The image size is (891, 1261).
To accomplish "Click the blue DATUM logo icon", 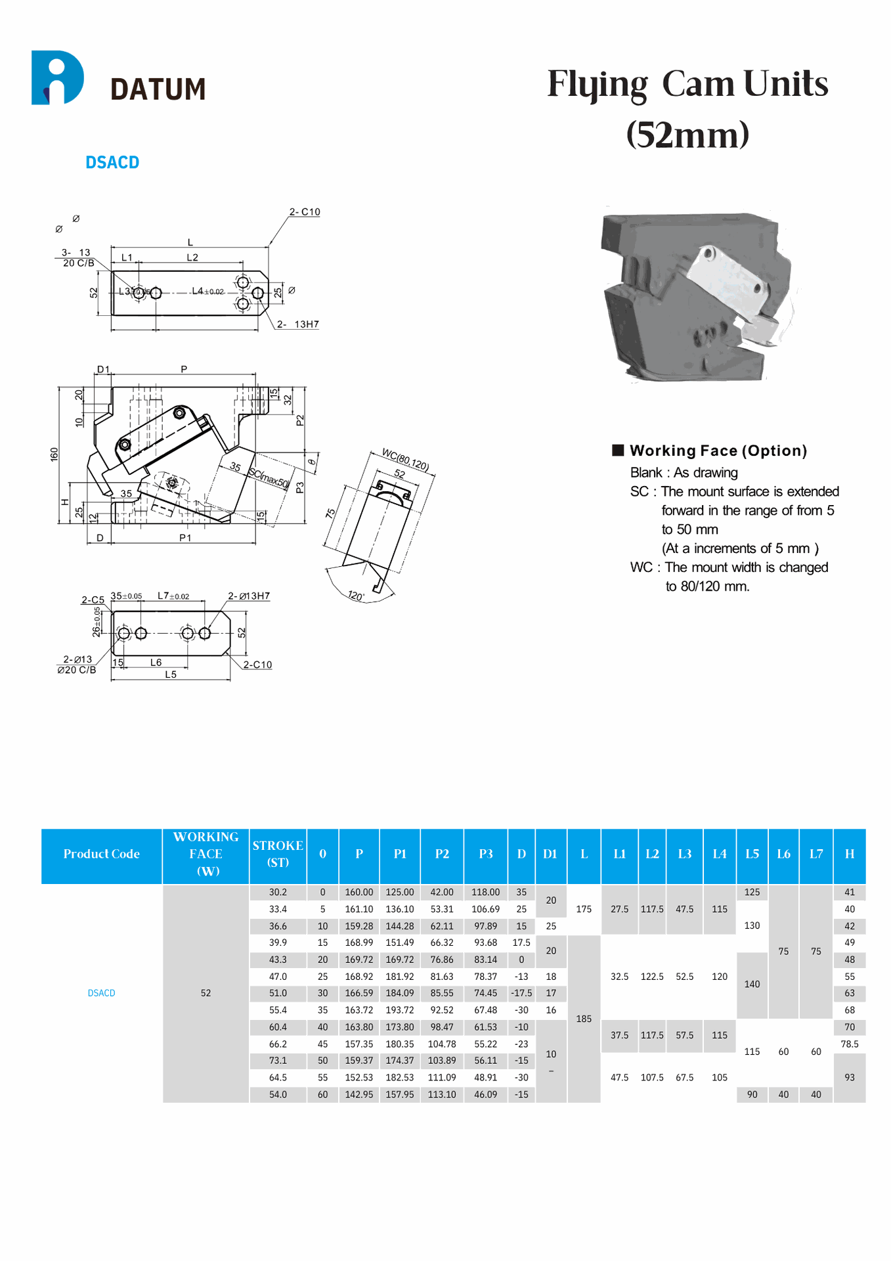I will pos(57,78).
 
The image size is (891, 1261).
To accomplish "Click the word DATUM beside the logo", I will pos(158,90).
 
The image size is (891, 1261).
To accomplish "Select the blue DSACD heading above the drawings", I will pos(112,163).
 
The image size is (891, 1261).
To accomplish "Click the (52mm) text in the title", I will pos(687,135).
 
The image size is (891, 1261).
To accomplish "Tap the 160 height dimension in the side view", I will pos(54,454).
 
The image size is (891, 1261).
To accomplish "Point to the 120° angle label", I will pos(356,596).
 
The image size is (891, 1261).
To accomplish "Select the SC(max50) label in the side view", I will pos(269,478).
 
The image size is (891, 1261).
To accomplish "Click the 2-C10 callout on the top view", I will pos(305,212).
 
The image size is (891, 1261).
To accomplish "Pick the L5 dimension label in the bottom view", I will pos(171,675).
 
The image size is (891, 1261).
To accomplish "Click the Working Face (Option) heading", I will pos(718,451).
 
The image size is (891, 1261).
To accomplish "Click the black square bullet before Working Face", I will pos(618,450).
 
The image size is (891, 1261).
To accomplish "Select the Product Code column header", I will pos(102,854).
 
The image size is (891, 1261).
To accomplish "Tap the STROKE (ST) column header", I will pos(278,854).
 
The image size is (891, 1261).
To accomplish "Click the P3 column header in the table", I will pos(485,854).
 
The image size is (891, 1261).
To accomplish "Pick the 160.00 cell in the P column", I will pos(359,893).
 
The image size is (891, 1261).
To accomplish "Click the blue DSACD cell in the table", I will pos(102,993).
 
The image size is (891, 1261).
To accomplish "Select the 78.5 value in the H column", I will pos(849,1044).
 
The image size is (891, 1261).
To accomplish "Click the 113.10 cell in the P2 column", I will pos(442,1095).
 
